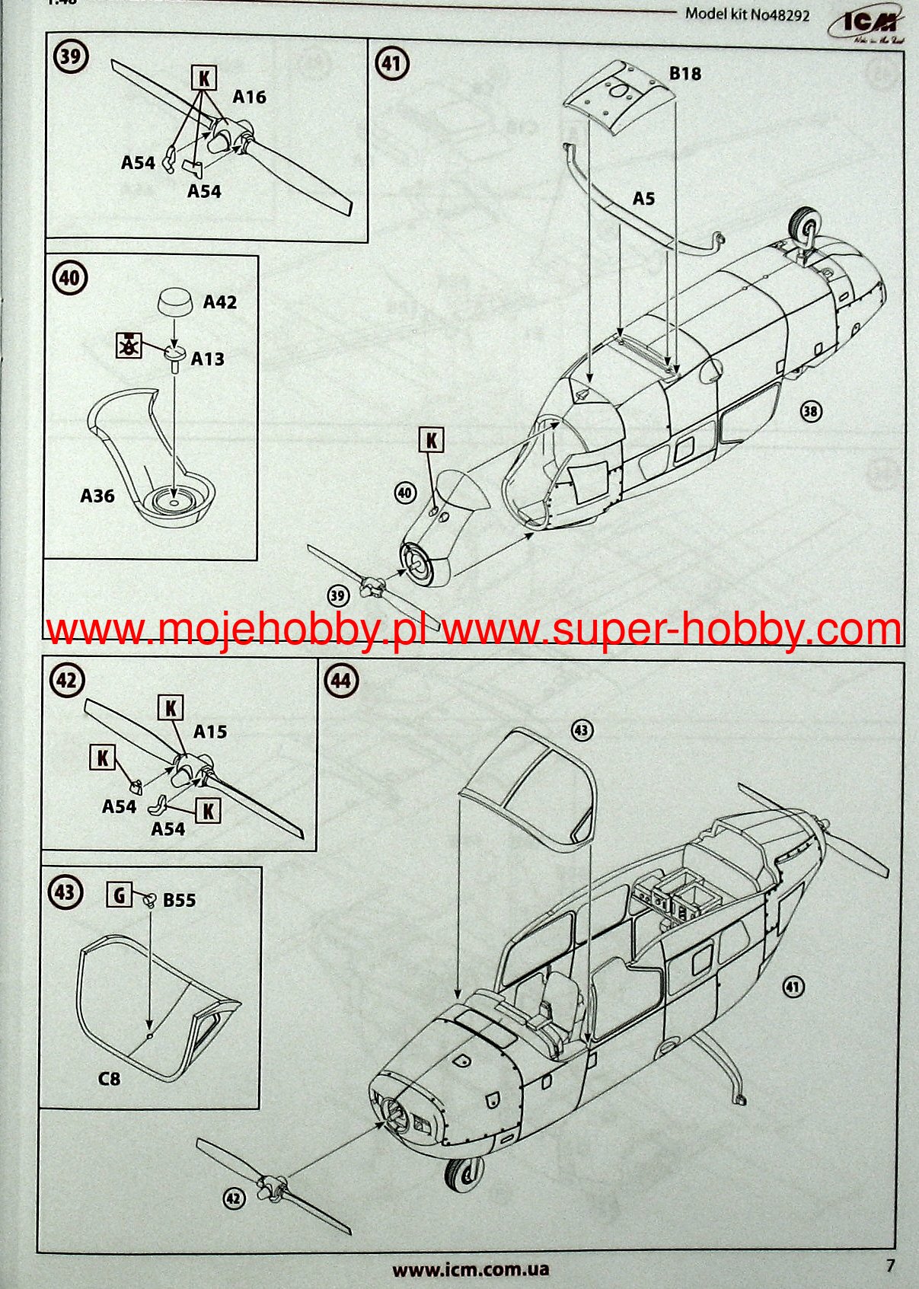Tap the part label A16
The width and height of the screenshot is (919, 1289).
[x=249, y=97]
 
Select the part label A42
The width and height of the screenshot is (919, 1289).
[x=219, y=302]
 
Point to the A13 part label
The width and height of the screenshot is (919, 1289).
[x=207, y=359]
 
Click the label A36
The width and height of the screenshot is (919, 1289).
[x=97, y=496]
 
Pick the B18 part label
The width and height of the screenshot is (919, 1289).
[x=684, y=74]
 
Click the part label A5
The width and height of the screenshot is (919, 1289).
[x=643, y=199]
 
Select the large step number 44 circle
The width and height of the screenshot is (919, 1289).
[x=341, y=681]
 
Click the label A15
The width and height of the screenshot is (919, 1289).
[x=210, y=732]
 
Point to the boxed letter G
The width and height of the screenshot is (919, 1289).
[x=119, y=896]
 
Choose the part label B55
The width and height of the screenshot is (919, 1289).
[x=179, y=900]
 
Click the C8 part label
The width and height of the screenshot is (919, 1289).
[x=109, y=1079]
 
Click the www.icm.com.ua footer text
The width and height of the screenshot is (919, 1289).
[x=471, y=1269]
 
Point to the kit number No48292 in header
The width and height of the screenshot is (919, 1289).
[x=748, y=14]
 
